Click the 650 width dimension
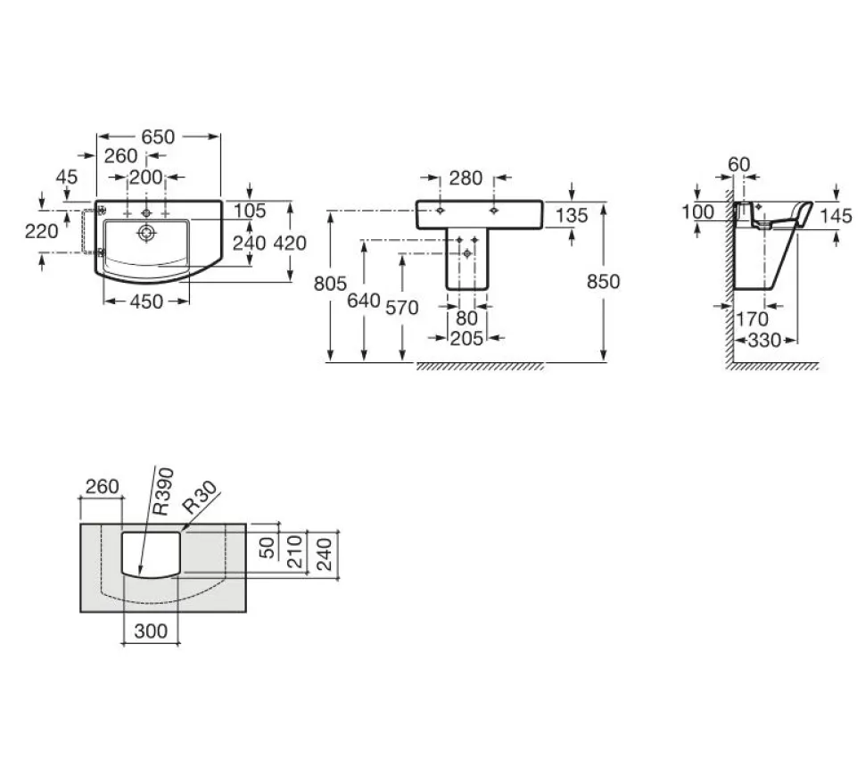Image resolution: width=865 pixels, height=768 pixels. coord(158,136)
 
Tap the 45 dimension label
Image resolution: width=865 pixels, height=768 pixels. coord(67,178)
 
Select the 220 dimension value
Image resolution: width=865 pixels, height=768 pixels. coord(41,231)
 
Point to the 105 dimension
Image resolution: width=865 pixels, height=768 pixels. coord(250,211)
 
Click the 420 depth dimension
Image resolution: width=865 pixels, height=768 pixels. coord(290,244)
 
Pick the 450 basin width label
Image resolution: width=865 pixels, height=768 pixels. coord(147,301)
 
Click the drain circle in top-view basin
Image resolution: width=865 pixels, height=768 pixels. coord(146,233)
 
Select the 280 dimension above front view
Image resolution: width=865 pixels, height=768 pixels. coord(465,178)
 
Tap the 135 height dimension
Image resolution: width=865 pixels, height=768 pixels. coord(572,216)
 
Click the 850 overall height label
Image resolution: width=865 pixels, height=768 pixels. coord(603,282)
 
